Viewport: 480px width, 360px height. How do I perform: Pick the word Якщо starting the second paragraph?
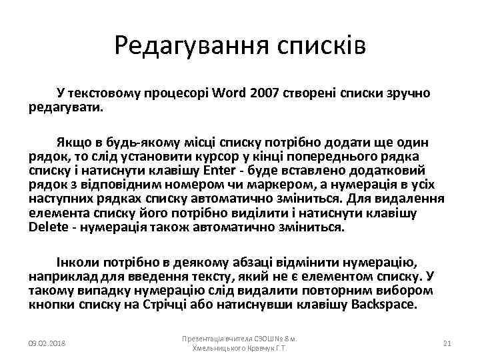click(x=73, y=143)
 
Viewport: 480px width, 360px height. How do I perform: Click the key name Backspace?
click(x=385, y=305)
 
